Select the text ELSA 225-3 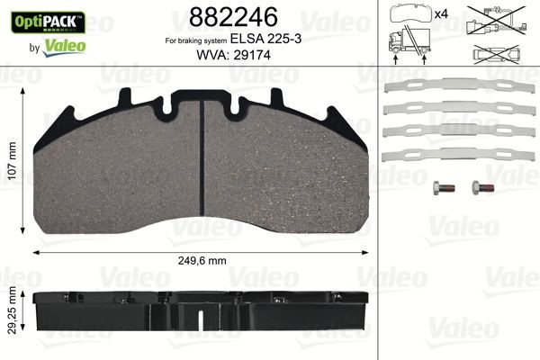point(260,40)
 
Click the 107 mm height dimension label point(12,166)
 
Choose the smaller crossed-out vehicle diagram point(494,55)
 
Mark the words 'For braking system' point(194,41)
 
